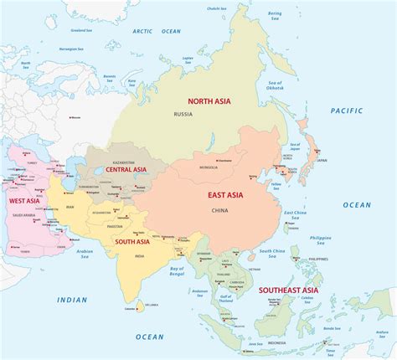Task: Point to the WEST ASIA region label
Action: pyautogui.click(x=24, y=201)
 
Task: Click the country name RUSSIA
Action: pyautogui.click(x=183, y=114)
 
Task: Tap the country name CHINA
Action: pyautogui.click(x=219, y=209)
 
